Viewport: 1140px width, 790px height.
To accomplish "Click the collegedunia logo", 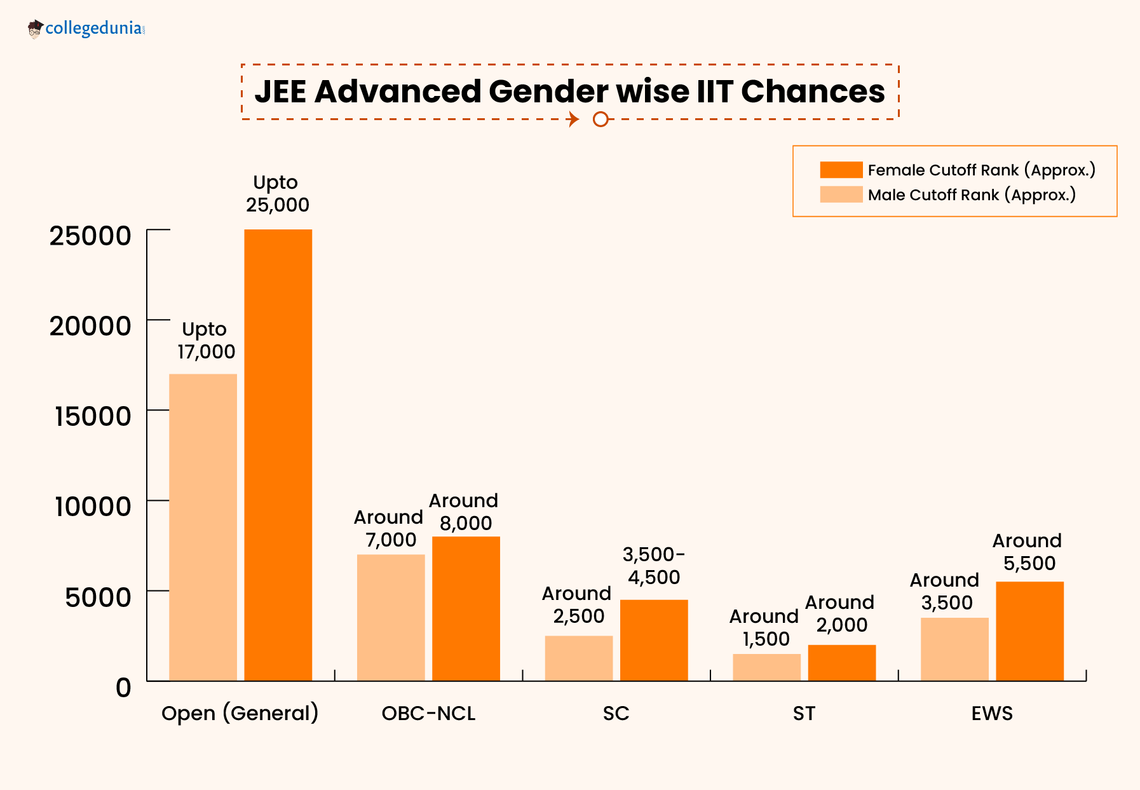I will (x=86, y=29).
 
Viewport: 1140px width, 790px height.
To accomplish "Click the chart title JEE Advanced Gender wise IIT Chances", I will (x=569, y=92).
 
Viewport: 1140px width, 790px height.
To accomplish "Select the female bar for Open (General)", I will (x=278, y=454).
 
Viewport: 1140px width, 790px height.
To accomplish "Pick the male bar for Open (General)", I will (x=203, y=528).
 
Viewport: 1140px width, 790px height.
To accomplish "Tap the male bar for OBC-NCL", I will (x=390, y=617).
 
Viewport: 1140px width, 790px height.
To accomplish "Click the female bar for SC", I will (x=653, y=640).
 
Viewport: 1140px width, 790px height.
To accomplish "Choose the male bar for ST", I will (x=766, y=667).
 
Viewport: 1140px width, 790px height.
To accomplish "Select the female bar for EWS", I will (x=1029, y=631).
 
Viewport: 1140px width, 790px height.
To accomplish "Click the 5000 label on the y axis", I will (x=98, y=597).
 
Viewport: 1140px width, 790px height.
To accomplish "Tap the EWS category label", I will (x=991, y=713).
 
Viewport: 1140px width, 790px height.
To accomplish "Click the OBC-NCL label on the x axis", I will (x=428, y=713).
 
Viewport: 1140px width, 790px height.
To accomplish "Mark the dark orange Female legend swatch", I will (x=841, y=170).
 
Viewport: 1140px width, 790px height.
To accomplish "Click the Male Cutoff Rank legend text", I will (x=972, y=194).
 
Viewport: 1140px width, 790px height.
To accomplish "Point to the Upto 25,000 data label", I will (x=277, y=193).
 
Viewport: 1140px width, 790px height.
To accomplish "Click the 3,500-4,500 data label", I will (x=653, y=566).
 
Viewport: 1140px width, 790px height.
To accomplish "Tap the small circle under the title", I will (x=600, y=119).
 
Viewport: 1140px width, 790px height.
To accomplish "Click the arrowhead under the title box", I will (x=574, y=119).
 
